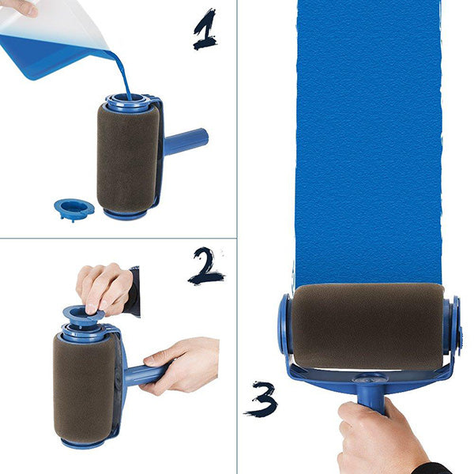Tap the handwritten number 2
[206, 267]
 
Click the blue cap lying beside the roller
[73, 209]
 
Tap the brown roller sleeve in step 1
[126, 158]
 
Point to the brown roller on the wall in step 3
[367, 325]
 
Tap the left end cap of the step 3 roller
[284, 325]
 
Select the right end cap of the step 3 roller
[453, 324]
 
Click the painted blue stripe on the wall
[367, 142]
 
